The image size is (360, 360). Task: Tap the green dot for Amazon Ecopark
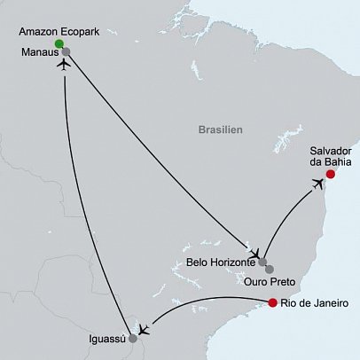[x=59, y=43]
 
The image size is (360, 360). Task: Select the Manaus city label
[x=38, y=52]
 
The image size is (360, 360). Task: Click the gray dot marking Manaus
[x=66, y=51]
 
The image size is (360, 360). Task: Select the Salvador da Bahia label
[x=330, y=157]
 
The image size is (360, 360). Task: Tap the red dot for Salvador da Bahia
[x=331, y=175]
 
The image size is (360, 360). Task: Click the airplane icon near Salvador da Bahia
[x=317, y=184]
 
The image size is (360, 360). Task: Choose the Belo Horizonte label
[x=221, y=262]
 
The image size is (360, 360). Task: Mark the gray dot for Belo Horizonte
[x=262, y=262]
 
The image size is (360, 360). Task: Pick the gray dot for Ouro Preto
[x=270, y=269]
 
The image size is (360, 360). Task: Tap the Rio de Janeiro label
[x=315, y=305]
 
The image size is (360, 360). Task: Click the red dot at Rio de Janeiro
[x=272, y=304]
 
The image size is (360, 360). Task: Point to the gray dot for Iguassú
[x=133, y=338]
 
